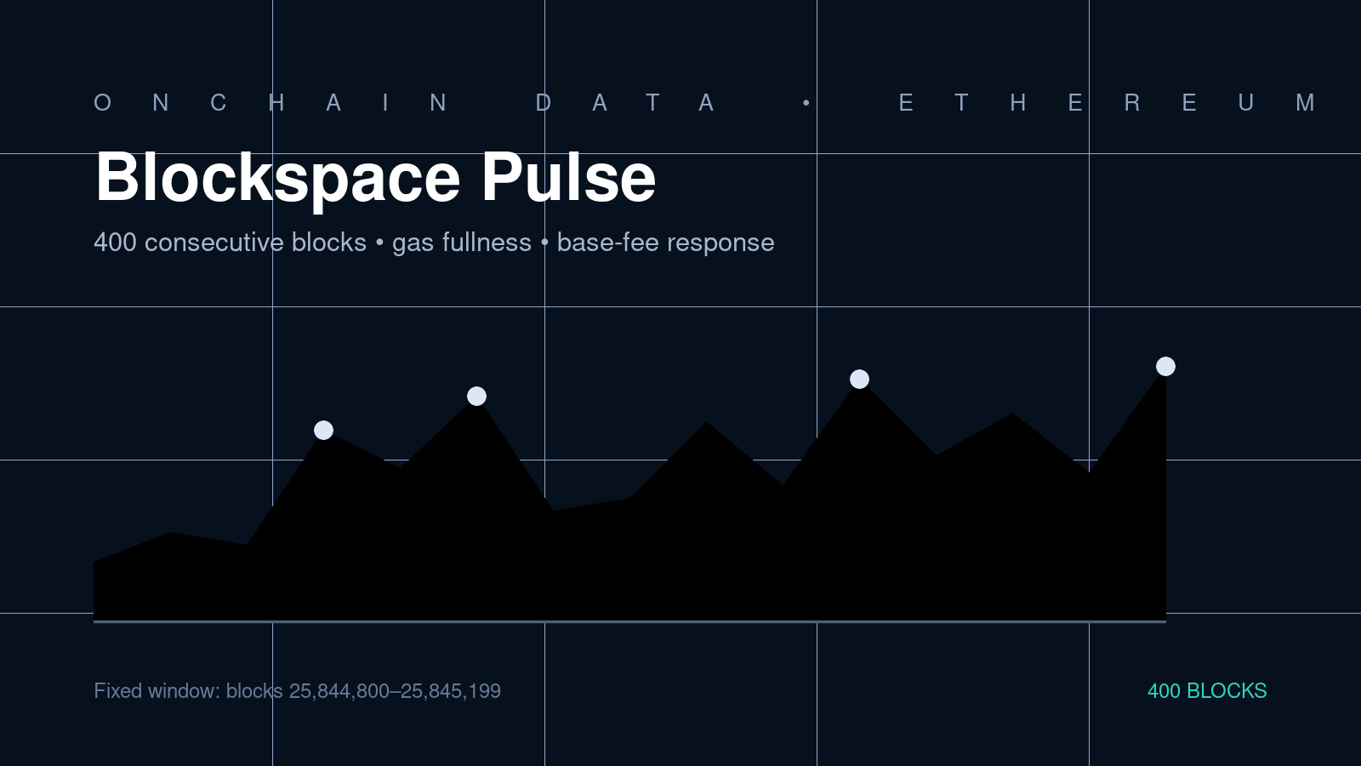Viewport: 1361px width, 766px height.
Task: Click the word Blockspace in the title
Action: click(277, 178)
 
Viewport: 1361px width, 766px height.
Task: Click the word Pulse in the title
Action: click(569, 177)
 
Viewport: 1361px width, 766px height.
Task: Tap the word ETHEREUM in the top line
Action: click(1108, 103)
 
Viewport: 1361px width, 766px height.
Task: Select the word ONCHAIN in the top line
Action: click(271, 103)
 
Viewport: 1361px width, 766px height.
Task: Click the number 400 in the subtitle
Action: click(116, 243)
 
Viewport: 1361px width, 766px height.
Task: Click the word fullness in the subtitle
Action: click(487, 243)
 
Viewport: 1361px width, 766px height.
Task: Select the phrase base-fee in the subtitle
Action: click(607, 243)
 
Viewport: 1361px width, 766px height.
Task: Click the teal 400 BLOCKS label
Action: click(1207, 691)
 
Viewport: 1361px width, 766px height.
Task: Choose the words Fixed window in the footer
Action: click(157, 691)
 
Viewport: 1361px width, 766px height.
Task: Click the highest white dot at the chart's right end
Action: click(1165, 367)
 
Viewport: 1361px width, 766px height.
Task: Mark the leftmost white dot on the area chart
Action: click(324, 431)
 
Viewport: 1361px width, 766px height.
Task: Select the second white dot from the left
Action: click(477, 397)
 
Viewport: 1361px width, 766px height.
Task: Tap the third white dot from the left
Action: click(859, 380)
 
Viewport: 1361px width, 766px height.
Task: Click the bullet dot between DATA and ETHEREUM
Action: click(806, 103)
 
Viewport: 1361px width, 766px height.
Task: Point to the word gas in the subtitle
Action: click(413, 244)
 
